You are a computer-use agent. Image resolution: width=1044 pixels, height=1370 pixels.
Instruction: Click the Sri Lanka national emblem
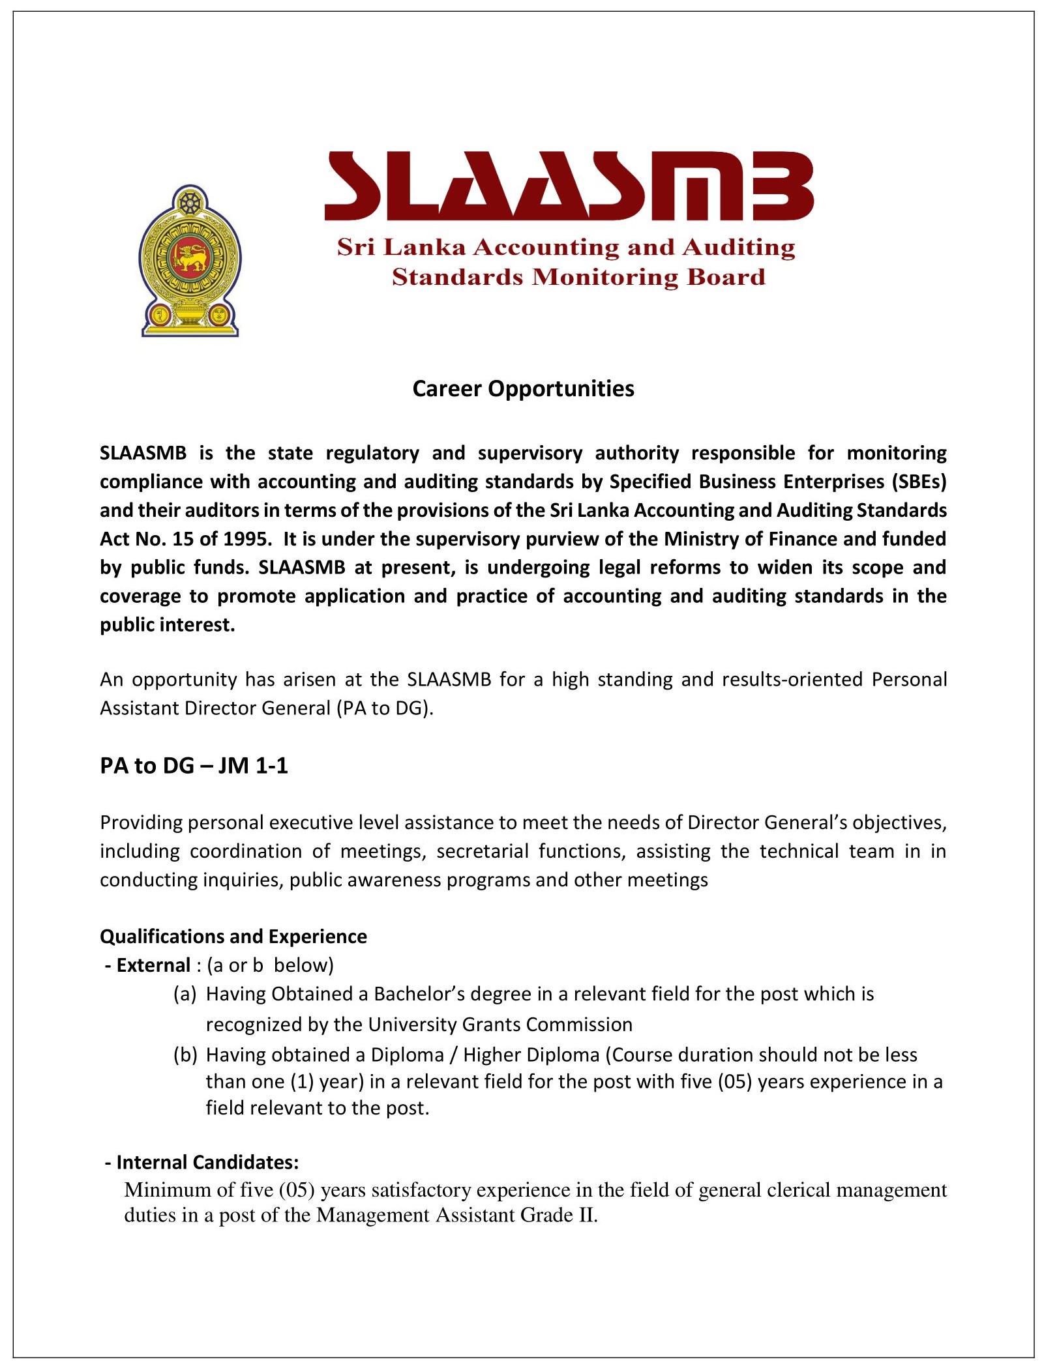tap(190, 261)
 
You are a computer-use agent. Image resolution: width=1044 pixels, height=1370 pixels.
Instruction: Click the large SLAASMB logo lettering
tap(569, 186)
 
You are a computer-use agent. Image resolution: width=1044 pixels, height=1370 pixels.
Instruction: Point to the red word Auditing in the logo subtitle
tap(738, 248)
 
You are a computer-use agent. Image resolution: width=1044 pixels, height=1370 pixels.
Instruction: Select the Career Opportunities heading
tap(523, 388)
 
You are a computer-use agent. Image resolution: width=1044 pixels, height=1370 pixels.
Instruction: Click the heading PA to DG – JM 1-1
tap(194, 766)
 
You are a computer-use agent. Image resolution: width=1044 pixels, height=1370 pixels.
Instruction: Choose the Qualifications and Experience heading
tap(233, 937)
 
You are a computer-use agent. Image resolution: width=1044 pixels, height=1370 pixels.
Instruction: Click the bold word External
tap(153, 965)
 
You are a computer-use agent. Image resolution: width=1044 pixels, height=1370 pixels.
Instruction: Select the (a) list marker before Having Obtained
tap(185, 994)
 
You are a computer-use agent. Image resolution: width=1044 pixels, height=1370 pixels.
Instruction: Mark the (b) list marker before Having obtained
tap(185, 1055)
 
